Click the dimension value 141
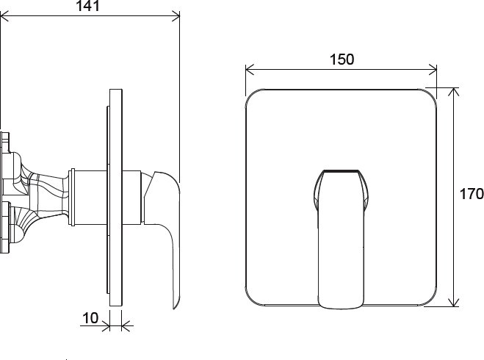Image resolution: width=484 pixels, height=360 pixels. click(x=89, y=7)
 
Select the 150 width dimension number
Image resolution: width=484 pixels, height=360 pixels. click(x=341, y=60)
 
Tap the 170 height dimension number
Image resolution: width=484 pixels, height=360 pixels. click(x=471, y=194)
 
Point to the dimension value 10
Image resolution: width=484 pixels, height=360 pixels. click(x=90, y=318)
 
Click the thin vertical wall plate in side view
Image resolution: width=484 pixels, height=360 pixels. click(x=115, y=198)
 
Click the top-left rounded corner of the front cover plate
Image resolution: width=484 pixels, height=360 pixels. click(x=252, y=93)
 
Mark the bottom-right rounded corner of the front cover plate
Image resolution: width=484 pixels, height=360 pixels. click(x=430, y=299)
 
